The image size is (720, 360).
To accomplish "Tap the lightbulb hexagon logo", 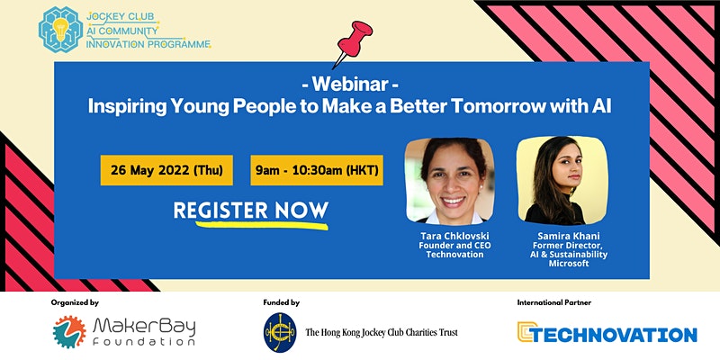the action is coord(60,30).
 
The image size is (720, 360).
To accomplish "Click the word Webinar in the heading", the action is coord(350,85).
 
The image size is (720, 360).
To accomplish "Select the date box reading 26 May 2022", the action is coord(166,170).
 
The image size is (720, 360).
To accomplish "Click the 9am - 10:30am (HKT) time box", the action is coord(317,170).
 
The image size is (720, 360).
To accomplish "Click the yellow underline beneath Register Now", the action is coord(262,225).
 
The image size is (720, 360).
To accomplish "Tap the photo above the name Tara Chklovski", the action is coord(449,181).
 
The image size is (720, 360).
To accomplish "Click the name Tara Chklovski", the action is coord(454,236).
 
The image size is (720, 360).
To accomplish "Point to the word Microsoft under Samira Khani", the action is coord(569,264).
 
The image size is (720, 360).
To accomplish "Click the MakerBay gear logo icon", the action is coord(69,331).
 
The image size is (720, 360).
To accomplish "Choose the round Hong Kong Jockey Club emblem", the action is coord(280,332).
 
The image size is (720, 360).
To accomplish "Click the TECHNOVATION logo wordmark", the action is coord(607,332).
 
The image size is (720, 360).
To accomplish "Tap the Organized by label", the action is coord(75,302).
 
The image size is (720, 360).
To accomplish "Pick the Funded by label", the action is coord(282,302).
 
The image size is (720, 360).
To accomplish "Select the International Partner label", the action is coord(554,302).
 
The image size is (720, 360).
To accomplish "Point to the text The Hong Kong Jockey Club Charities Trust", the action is coord(382,332).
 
